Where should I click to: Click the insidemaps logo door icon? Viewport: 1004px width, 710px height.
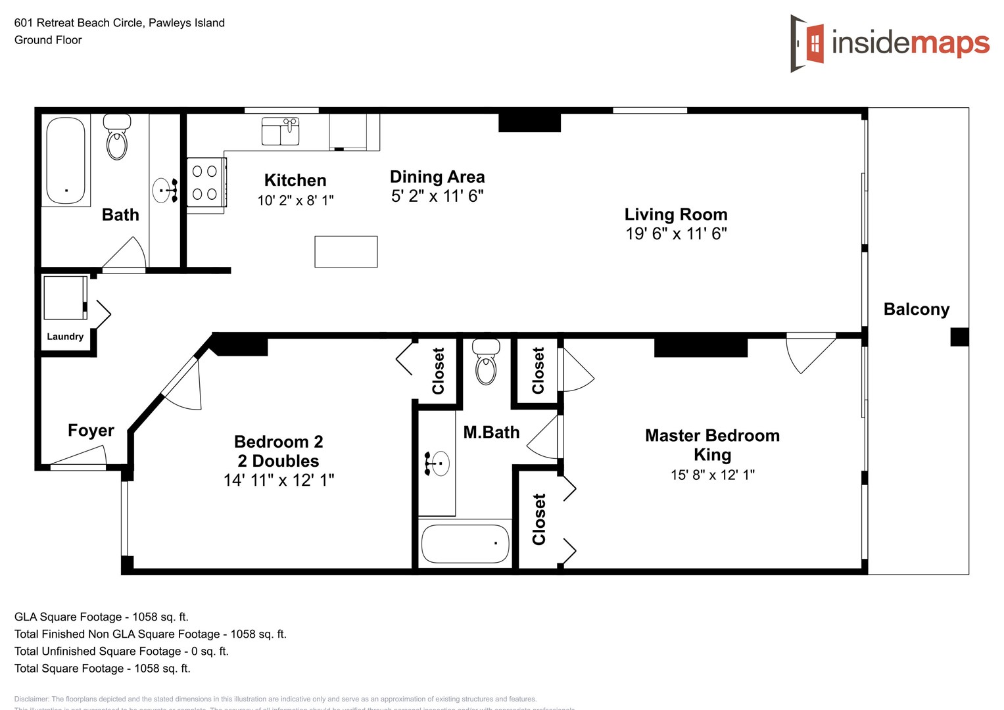click(x=807, y=43)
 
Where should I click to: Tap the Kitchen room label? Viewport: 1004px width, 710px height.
click(x=295, y=181)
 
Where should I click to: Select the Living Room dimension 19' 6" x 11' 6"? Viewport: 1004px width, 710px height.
click(x=676, y=234)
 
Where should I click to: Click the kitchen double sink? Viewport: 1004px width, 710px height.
click(x=281, y=131)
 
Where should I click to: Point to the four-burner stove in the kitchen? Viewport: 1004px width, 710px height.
click(x=205, y=183)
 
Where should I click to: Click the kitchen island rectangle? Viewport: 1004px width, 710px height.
click(x=346, y=252)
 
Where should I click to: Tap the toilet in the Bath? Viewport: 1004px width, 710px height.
click(x=117, y=138)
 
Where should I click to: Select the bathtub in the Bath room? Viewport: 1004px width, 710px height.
click(x=66, y=161)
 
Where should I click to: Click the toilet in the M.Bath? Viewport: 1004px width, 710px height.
click(x=487, y=363)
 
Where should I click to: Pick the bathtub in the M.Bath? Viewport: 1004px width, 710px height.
click(x=465, y=544)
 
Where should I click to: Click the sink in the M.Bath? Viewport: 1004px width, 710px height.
click(x=437, y=463)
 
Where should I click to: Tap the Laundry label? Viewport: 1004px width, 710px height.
click(x=65, y=337)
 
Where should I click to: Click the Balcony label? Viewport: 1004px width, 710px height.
click(x=916, y=310)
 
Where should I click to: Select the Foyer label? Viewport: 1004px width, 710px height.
click(x=91, y=431)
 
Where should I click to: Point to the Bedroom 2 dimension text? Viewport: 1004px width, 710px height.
click(x=279, y=481)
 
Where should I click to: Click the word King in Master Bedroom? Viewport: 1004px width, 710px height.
click(x=712, y=455)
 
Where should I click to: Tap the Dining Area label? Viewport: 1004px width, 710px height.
click(x=437, y=177)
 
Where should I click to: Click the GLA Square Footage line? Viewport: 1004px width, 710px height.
click(x=101, y=617)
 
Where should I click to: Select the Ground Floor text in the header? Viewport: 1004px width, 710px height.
click(x=48, y=40)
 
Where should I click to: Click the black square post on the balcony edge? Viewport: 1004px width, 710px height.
click(x=959, y=337)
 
